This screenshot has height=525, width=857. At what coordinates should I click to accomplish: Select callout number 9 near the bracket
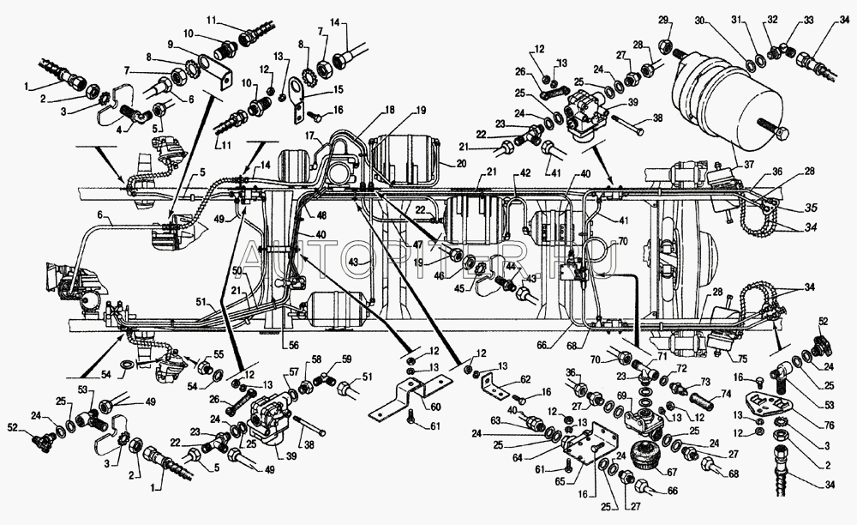coord(171,45)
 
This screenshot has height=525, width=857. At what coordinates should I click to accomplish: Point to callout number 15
coord(315,89)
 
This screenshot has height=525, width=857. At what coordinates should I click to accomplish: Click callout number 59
coord(347,360)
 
